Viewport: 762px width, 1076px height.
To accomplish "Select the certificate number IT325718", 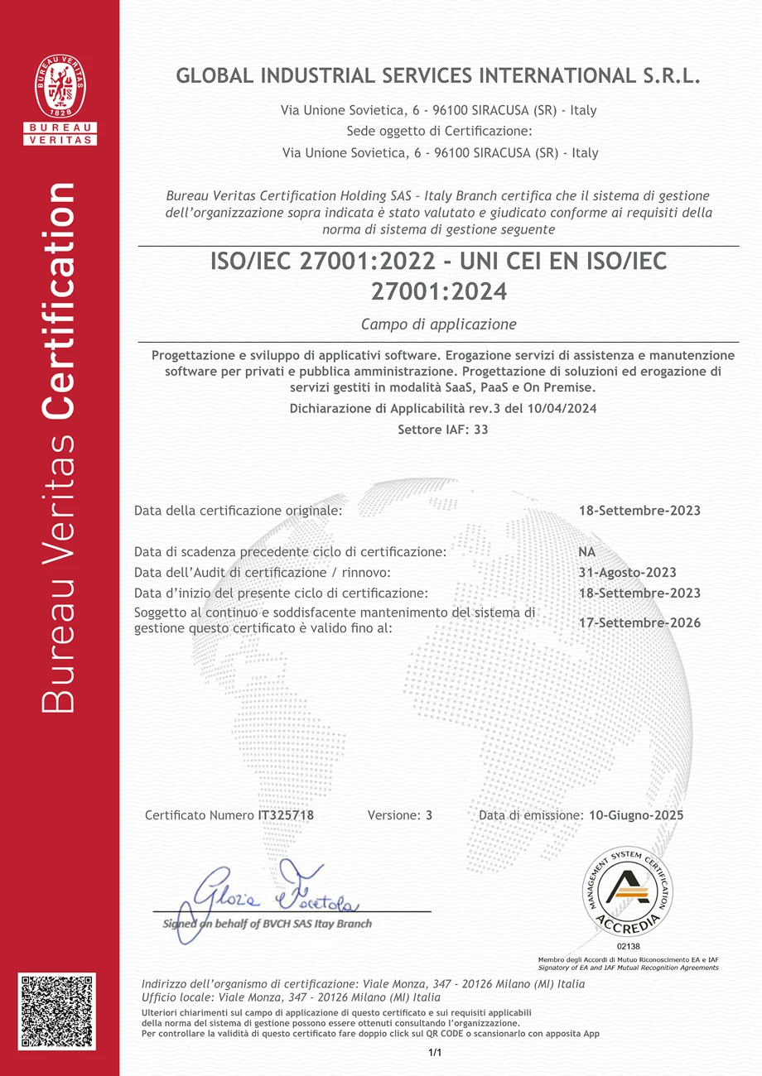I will pos(287,815).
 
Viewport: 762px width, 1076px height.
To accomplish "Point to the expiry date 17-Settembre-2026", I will pos(639,622).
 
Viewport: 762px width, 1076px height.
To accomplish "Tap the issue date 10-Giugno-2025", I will pos(636,815).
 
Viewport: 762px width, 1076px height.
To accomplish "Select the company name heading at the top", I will pos(438,76).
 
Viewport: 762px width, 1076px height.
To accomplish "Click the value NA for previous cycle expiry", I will pos(587,552).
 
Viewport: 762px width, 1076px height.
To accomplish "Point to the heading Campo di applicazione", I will pos(439,324).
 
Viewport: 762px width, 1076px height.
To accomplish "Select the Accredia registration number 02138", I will pos(629,945).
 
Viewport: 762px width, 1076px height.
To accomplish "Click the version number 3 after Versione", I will pos(429,815).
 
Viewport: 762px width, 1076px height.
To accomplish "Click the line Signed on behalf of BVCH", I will pos(268,924).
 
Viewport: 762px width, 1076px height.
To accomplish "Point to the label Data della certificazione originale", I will pos(238,511).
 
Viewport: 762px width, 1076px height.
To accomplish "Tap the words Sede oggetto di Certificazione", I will pos(438,132).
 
